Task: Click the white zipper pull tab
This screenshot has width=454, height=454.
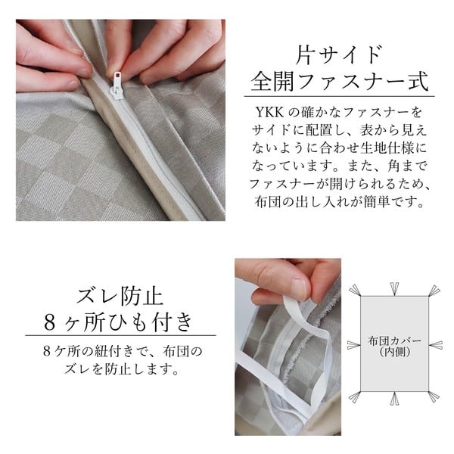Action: [117, 86]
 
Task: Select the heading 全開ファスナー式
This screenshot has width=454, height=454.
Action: [339, 82]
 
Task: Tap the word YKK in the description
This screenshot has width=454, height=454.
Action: [269, 112]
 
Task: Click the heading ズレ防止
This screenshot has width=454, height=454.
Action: [120, 296]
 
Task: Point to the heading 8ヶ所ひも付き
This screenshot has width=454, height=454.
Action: [119, 322]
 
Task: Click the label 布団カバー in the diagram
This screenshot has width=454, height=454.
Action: [395, 341]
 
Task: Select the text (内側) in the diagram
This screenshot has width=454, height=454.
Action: [395, 352]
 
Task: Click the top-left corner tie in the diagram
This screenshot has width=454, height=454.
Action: [355, 290]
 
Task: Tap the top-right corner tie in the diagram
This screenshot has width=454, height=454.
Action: [434, 291]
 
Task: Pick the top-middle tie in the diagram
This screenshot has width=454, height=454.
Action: [394, 289]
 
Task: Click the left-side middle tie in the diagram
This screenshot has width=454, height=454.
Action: [354, 345]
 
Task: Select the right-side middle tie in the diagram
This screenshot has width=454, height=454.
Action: [436, 345]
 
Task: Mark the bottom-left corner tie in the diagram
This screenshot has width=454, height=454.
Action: [355, 397]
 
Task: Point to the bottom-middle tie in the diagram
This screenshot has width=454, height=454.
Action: [394, 399]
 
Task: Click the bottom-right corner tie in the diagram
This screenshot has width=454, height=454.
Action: [434, 397]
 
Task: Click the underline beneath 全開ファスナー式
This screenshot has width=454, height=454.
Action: [339, 96]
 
